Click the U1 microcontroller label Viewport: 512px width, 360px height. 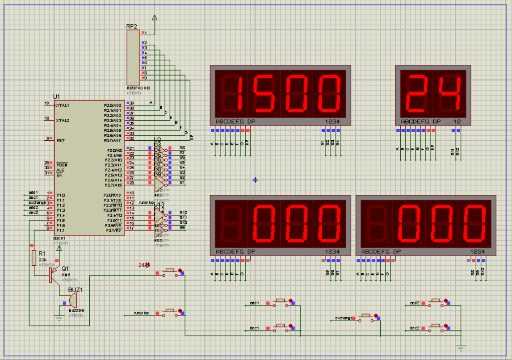pyautogui.click(x=56, y=96)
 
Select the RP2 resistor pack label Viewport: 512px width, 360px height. pyautogui.click(x=132, y=26)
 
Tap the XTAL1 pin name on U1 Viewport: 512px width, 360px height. pyautogui.click(x=63, y=105)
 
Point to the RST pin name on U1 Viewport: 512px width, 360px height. pyautogui.click(x=60, y=140)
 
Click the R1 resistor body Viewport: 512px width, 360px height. pyautogui.click(x=34, y=258)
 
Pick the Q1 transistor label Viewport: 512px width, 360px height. pyautogui.click(x=65, y=268)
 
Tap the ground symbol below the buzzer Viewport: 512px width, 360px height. pyautogui.click(x=59, y=318)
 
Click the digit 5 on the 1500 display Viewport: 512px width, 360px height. pyautogui.click(x=264, y=93)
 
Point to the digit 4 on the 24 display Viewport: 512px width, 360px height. pyautogui.click(x=449, y=93)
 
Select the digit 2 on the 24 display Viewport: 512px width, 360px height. pyautogui.click(x=416, y=93)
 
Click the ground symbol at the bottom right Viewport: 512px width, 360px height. pyautogui.click(x=462, y=347)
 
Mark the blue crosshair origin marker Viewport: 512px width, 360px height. pyautogui.click(x=256, y=180)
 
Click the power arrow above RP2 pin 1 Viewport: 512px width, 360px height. pyautogui.click(x=155, y=17)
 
